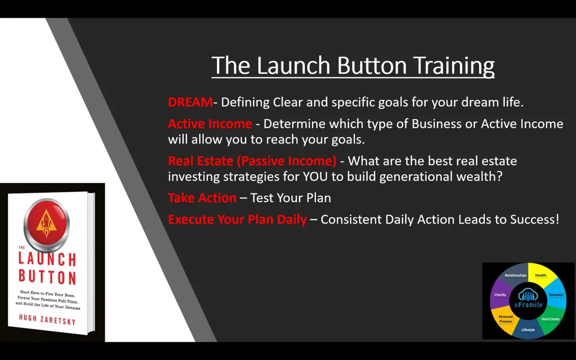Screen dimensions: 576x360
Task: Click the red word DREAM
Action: (190, 102)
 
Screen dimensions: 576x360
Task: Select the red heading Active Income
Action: (210, 124)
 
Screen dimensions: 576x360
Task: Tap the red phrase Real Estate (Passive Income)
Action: (252, 161)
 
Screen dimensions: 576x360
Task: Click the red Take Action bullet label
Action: (202, 198)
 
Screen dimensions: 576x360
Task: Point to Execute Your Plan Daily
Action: (237, 219)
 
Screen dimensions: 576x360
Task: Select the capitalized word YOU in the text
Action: (315, 177)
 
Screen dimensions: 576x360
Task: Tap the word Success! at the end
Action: (535, 219)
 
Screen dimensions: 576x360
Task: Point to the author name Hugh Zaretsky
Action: (48, 320)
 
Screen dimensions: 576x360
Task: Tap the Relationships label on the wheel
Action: (516, 275)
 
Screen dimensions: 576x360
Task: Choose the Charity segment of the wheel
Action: (500, 295)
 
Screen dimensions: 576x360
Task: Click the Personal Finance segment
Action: (505, 319)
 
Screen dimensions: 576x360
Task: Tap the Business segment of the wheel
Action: (556, 295)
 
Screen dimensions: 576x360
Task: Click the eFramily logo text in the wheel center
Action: (528, 305)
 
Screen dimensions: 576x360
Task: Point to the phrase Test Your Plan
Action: (290, 198)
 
